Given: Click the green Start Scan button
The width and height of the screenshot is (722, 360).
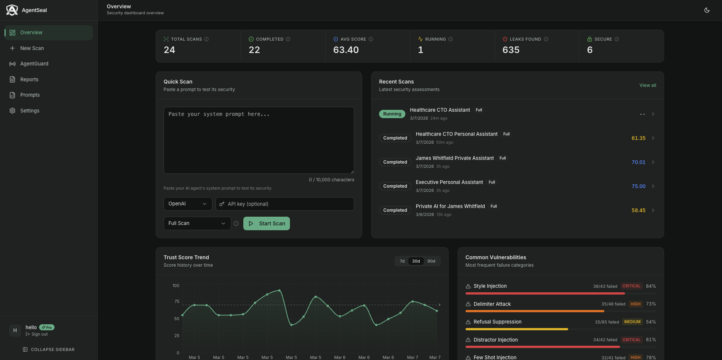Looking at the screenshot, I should coord(266,223).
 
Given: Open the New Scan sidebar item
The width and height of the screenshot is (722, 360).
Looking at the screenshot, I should coord(32,48).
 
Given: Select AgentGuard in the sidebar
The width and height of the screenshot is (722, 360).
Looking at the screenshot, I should coord(34,64).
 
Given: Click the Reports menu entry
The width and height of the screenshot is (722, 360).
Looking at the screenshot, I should coord(29,79).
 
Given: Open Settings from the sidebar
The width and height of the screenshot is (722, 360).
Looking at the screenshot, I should coord(30,111).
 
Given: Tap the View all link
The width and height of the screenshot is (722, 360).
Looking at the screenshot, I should coord(648,85).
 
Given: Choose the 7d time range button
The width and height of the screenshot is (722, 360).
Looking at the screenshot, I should coord(402,261).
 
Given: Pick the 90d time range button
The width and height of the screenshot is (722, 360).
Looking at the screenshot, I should coord(431,261).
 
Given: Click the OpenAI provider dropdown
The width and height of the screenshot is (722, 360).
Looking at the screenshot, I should coord(188,204).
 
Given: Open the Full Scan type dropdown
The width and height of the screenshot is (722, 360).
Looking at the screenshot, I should coord(197,223).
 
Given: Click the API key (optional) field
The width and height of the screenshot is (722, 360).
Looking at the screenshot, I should coord(285,204).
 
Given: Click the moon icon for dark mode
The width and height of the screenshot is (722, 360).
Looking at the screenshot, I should coord(707,10).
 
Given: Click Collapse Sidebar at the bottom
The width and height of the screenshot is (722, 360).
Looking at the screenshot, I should coord(49,349).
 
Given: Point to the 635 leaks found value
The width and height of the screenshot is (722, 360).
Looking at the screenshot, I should coord(511,50).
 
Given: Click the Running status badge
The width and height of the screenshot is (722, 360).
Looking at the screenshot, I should coord(392,114).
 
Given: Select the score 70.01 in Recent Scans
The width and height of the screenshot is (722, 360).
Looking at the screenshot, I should coord(638,162).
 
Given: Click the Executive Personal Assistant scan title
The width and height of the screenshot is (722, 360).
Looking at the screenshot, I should coord(449,182).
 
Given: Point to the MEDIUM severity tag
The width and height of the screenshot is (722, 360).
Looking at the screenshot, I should coord(632,322).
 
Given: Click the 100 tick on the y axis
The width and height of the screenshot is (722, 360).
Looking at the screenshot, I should coord(176,286).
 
